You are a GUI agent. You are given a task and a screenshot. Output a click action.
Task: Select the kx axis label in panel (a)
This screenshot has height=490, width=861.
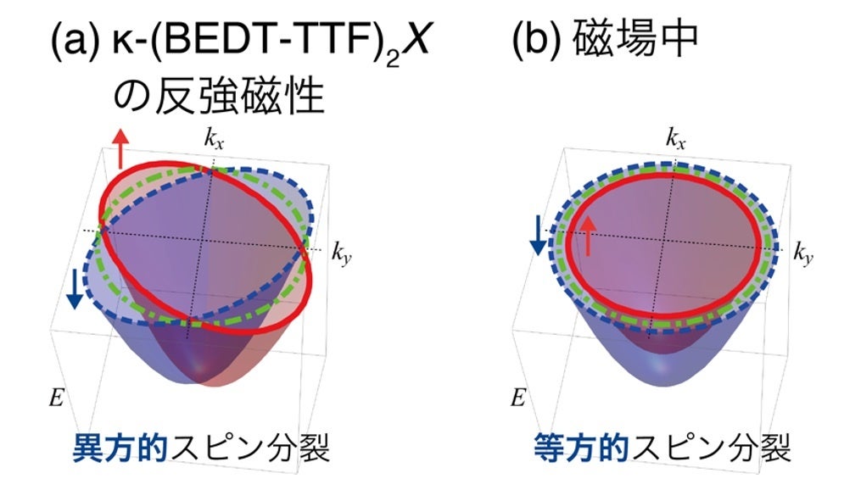[213, 138]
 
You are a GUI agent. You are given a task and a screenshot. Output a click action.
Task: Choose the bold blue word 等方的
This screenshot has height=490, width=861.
[583, 448]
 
